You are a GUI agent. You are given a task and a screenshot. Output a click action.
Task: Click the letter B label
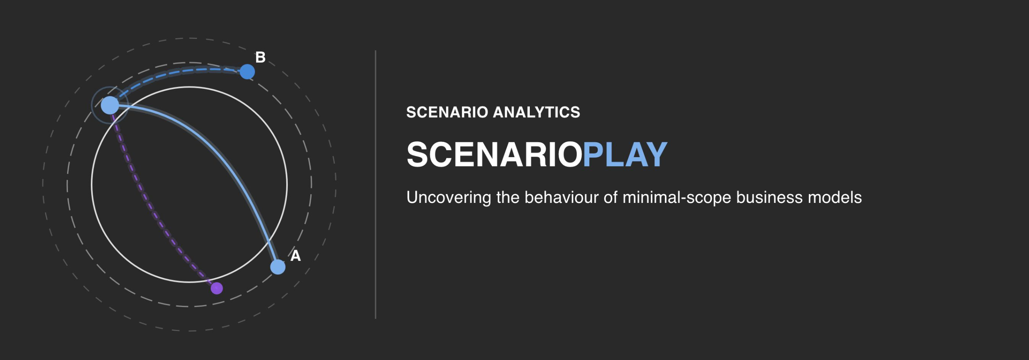click(x=260, y=57)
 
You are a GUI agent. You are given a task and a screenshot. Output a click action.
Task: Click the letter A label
click(x=295, y=256)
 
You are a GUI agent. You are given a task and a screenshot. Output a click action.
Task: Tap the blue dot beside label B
click(x=247, y=72)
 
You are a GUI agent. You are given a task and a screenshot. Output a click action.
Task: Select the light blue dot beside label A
click(x=278, y=267)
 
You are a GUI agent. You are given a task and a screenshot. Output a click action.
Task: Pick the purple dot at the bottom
click(x=217, y=288)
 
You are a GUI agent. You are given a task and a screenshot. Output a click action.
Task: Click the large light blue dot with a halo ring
click(x=110, y=105)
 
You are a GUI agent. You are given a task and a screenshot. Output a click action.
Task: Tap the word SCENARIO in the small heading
click(x=447, y=112)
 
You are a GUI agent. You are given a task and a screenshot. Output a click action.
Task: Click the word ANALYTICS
click(x=537, y=112)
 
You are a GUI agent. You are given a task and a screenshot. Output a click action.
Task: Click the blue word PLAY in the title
click(x=625, y=154)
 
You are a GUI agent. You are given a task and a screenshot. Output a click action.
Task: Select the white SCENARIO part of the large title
click(x=494, y=154)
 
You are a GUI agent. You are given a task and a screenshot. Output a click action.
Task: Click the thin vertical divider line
click(x=375, y=184)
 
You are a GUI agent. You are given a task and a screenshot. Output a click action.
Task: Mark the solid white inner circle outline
click(x=189, y=87)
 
